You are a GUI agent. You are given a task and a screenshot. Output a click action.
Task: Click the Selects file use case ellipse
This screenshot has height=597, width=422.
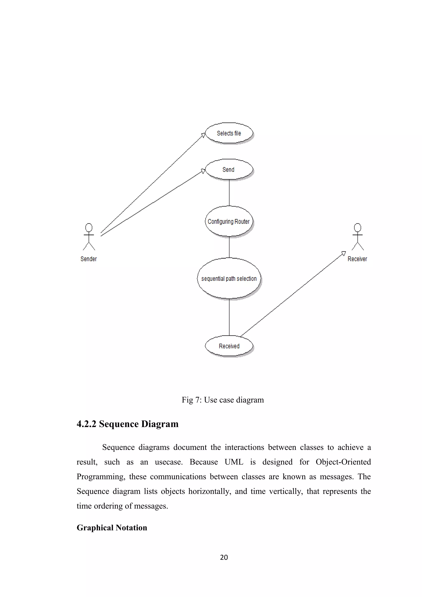tap(229, 133)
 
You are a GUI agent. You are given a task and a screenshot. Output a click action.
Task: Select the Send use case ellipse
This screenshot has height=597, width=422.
tap(229, 170)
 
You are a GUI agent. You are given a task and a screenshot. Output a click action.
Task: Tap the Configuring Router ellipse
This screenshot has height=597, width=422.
tap(229, 221)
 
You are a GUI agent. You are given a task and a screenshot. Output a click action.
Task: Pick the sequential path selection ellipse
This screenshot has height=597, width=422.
tap(229, 279)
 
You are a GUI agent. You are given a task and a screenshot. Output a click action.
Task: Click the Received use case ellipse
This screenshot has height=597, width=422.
tap(229, 346)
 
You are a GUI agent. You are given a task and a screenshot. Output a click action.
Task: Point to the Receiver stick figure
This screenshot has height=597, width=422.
tap(358, 237)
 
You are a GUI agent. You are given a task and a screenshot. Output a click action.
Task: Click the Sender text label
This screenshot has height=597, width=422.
tap(89, 259)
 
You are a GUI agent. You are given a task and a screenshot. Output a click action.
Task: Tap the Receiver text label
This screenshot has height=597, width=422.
tap(357, 259)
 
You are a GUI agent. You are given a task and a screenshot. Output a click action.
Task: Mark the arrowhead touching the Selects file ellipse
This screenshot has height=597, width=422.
tap(204, 135)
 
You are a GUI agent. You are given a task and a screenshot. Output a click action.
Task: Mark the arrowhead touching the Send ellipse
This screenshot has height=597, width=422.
tap(203, 171)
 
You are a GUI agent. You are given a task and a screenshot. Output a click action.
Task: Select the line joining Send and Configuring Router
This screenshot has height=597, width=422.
tap(229, 193)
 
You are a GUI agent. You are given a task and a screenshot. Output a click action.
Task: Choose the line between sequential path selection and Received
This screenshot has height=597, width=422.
tap(229, 317)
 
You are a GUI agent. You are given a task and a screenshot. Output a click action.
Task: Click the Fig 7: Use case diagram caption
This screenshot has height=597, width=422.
tap(223, 400)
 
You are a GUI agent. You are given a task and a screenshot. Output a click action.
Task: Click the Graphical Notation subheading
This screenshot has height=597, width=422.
tap(112, 528)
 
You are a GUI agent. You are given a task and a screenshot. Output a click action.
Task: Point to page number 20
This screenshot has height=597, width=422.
tap(224, 557)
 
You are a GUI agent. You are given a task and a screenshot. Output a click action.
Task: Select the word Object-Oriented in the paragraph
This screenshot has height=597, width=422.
tap(343, 462)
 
